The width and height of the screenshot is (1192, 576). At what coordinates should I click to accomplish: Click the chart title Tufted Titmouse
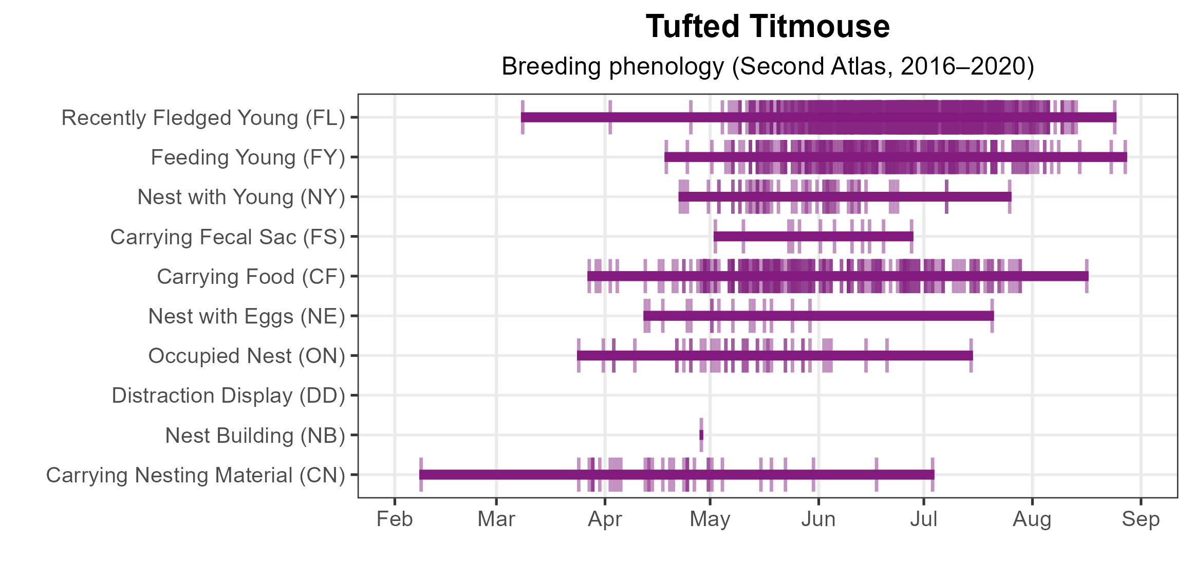(768, 27)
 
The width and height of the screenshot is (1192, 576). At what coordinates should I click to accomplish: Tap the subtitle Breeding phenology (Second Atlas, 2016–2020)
(768, 66)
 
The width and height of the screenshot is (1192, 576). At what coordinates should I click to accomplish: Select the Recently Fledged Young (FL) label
(203, 118)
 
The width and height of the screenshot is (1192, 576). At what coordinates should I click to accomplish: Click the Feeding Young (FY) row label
(248, 157)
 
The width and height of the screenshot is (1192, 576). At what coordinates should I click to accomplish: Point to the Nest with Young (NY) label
(241, 197)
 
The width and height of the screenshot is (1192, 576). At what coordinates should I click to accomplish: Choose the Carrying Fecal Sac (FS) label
(228, 237)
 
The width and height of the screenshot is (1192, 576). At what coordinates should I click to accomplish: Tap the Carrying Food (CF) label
(251, 277)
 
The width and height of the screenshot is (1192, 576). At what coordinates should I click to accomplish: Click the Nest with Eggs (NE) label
(247, 316)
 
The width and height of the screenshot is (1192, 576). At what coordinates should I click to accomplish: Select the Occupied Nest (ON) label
(247, 356)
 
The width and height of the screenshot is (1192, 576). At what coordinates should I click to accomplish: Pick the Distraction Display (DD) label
(228, 395)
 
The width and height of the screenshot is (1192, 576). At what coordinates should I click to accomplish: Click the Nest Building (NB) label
(255, 436)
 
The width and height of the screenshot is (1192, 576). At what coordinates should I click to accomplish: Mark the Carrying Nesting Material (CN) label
(195, 475)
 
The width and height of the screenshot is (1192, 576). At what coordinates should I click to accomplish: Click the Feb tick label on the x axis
(395, 519)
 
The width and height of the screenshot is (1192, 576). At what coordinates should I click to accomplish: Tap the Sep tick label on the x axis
(1141, 519)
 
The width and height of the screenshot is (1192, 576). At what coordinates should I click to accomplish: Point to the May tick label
(710, 519)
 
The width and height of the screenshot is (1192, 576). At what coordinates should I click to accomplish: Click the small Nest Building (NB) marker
(701, 435)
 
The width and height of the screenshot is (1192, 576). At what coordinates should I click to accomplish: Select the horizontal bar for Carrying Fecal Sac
(813, 237)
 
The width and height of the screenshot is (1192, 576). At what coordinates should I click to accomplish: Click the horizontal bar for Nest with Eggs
(818, 316)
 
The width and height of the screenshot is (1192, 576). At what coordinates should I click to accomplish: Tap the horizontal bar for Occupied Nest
(774, 355)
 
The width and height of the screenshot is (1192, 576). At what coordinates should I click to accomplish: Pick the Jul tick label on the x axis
(924, 519)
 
